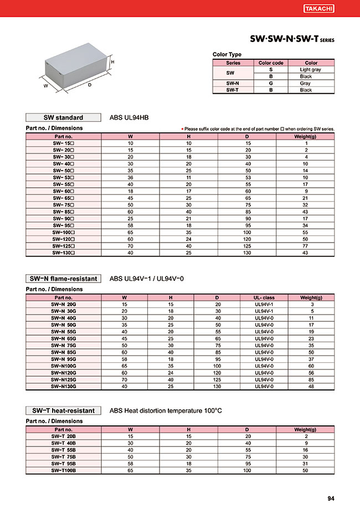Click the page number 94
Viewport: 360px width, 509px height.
click(x=331, y=498)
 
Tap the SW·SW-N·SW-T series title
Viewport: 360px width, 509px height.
click(x=292, y=40)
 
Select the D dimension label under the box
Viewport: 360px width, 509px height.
click(x=89, y=85)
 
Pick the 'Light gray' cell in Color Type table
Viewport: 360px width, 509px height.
click(x=310, y=70)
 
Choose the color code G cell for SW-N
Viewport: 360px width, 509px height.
click(x=270, y=83)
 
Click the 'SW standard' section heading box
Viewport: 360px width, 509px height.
click(x=63, y=117)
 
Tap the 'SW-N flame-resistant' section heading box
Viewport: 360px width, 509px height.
click(x=63, y=278)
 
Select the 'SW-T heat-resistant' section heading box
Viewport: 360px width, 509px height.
click(x=63, y=410)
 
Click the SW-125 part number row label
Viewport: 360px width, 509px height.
click(x=63, y=245)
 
